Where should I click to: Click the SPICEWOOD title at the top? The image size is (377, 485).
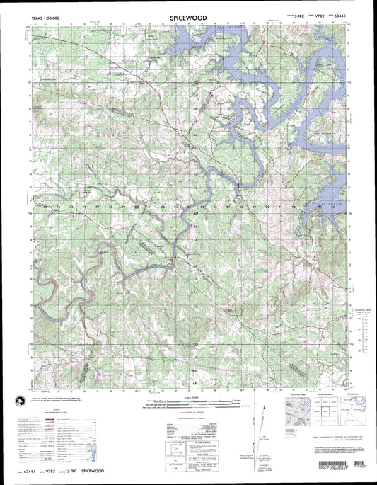point(188,13)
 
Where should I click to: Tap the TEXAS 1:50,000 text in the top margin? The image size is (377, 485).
point(42,14)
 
